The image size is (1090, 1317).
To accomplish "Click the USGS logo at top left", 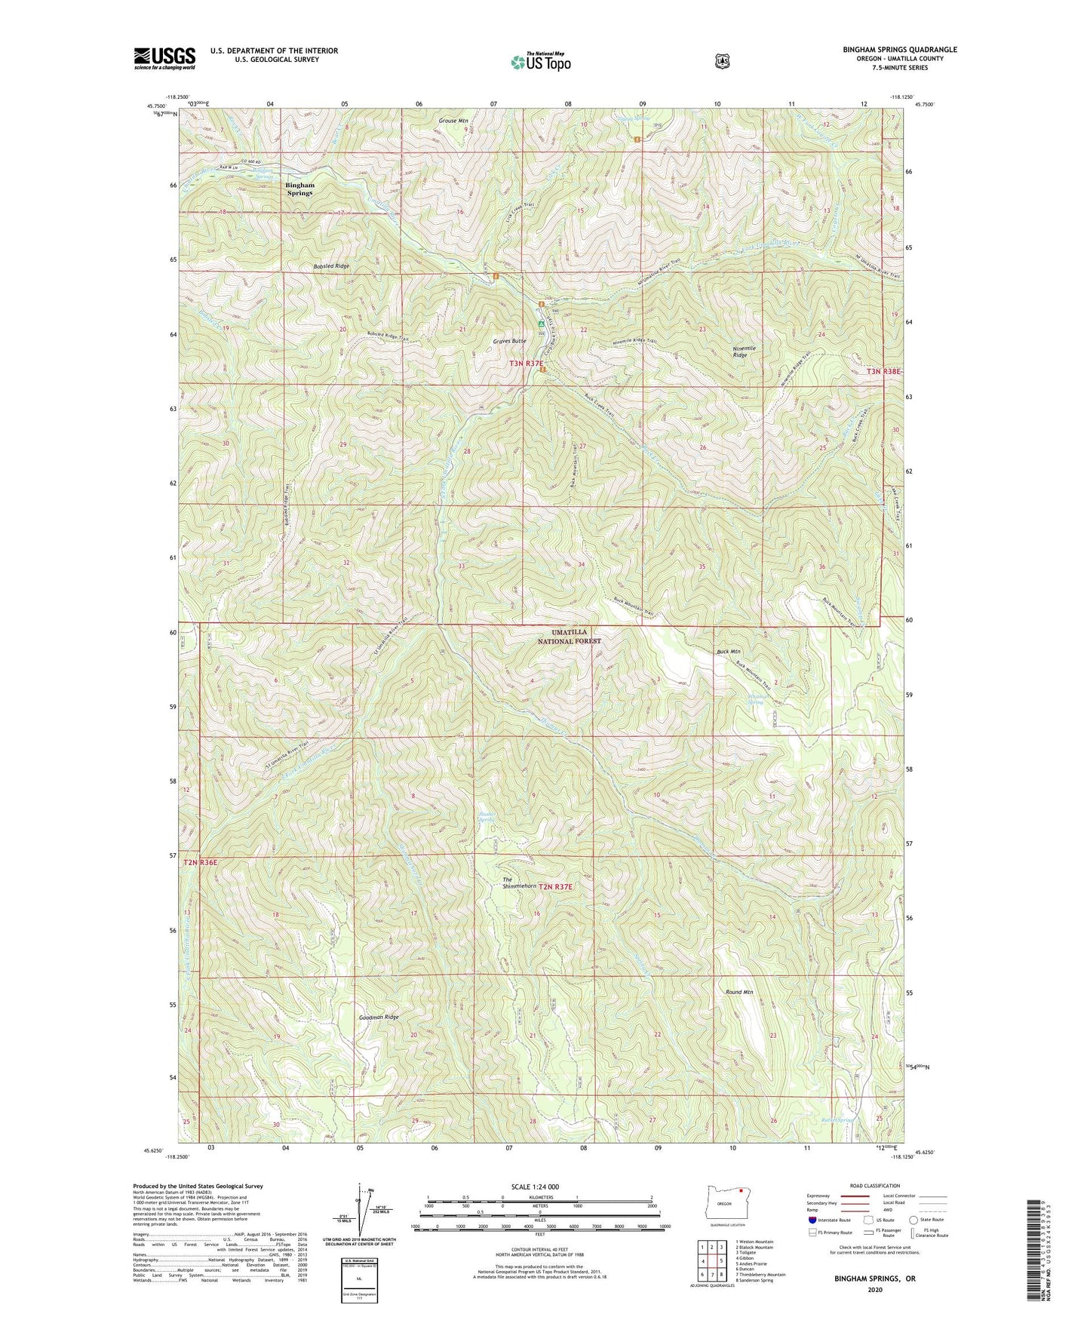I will click(x=164, y=58).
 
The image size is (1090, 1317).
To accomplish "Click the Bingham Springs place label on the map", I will click(x=299, y=189).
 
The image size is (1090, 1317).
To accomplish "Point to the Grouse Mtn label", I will click(x=453, y=120).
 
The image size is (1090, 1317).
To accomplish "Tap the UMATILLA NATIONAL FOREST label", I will click(x=569, y=636).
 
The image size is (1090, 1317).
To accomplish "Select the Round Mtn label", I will click(x=739, y=992).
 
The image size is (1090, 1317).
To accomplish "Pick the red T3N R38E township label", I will click(x=883, y=371).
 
